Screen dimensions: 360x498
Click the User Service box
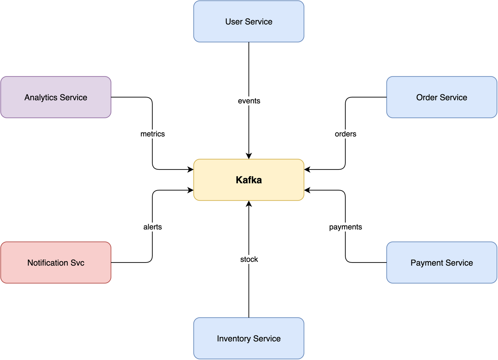click(248, 21)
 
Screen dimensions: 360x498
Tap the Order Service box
click(441, 97)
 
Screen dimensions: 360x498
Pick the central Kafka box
click(248, 180)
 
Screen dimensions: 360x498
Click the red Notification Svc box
click(55, 263)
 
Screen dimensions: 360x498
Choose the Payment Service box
click(441, 263)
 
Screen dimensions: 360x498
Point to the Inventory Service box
click(248, 338)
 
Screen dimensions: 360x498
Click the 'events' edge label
click(249, 101)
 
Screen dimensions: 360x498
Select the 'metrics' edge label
click(152, 134)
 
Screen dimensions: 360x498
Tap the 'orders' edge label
click(345, 134)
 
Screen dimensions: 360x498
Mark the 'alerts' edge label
click(152, 227)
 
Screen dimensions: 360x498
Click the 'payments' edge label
click(345, 227)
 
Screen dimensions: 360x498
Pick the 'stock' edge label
click(249, 259)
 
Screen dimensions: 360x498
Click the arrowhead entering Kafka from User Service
click(249, 156)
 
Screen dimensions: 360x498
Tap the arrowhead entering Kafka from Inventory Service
click(249, 204)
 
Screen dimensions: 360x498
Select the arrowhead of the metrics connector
click(191, 169)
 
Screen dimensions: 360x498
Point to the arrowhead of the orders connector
click(307, 169)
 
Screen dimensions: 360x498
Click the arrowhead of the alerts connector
click(191, 190)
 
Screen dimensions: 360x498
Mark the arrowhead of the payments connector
click(307, 190)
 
